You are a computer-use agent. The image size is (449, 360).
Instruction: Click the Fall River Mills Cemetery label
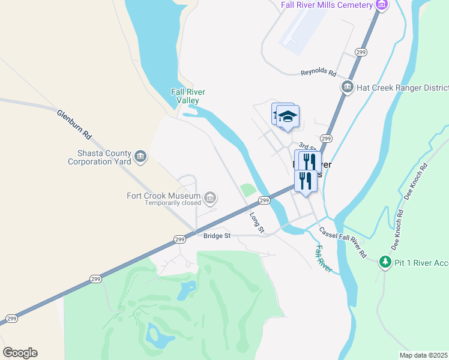tap(327, 5)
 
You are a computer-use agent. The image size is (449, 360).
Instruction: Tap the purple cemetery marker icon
tap(381, 5)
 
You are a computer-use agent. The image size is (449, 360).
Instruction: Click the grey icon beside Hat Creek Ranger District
tap(347, 88)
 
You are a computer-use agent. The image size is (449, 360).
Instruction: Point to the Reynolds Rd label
tap(318, 72)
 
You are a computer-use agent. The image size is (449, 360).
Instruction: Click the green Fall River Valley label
tap(188, 96)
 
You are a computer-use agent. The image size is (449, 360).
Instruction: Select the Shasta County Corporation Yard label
tap(99, 157)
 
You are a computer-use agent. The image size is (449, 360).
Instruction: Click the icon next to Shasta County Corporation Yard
tap(140, 157)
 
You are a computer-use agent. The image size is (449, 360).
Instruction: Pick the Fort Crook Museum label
tap(163, 196)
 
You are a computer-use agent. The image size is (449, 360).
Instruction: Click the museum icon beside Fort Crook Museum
tap(210, 197)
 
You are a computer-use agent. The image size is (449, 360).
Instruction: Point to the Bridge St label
tap(217, 236)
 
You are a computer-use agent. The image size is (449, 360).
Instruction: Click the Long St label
tap(257, 221)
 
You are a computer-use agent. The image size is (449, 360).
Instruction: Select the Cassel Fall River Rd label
tap(343, 243)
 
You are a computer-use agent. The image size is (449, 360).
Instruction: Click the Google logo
tap(20, 353)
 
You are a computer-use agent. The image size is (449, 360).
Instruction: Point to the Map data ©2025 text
tap(423, 355)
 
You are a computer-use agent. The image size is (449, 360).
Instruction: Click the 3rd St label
tap(307, 147)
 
